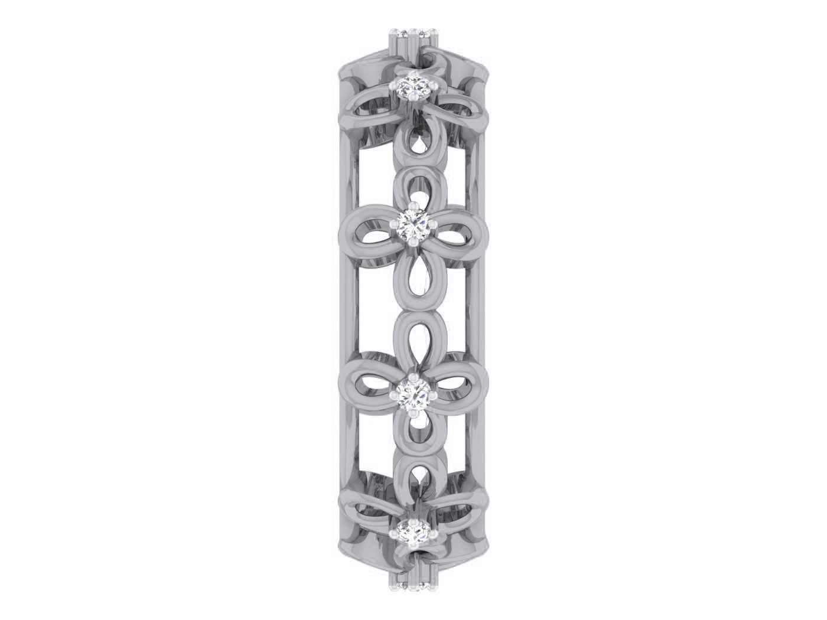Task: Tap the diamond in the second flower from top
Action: click(413, 225)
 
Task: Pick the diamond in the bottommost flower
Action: click(413, 530)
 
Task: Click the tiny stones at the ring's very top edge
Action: click(413, 32)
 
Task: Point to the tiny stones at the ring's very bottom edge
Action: click(413, 586)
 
